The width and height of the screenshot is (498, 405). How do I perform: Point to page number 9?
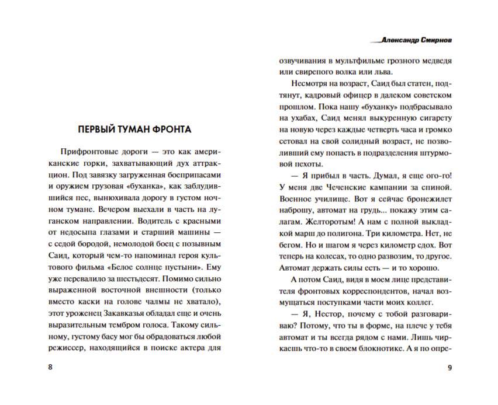[x=449, y=367]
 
